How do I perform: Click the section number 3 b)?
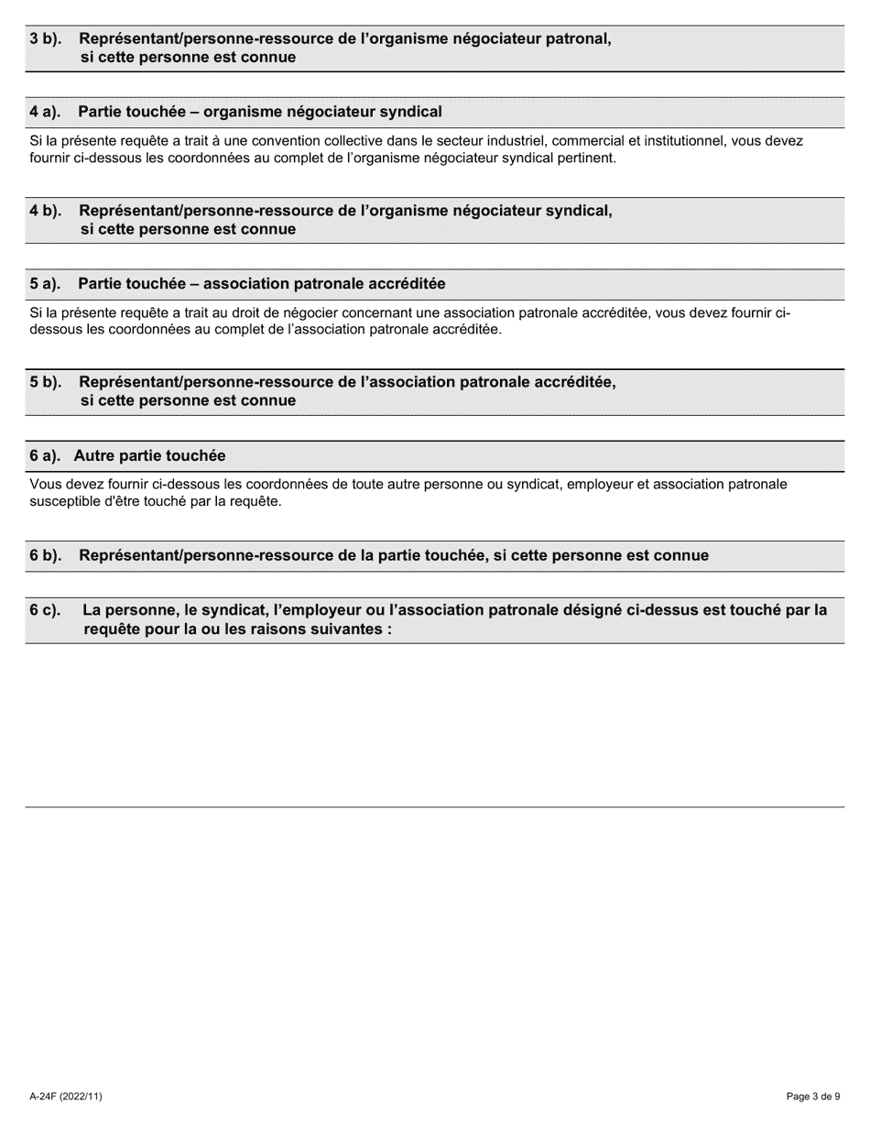[x=45, y=38]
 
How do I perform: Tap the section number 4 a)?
[x=45, y=112]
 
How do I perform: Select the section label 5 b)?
[x=45, y=382]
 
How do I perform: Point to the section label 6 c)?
[x=45, y=609]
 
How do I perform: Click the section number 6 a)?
[x=45, y=455]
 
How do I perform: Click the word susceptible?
[x=64, y=501]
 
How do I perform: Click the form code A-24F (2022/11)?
[x=65, y=1096]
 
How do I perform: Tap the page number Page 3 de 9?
[x=813, y=1096]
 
